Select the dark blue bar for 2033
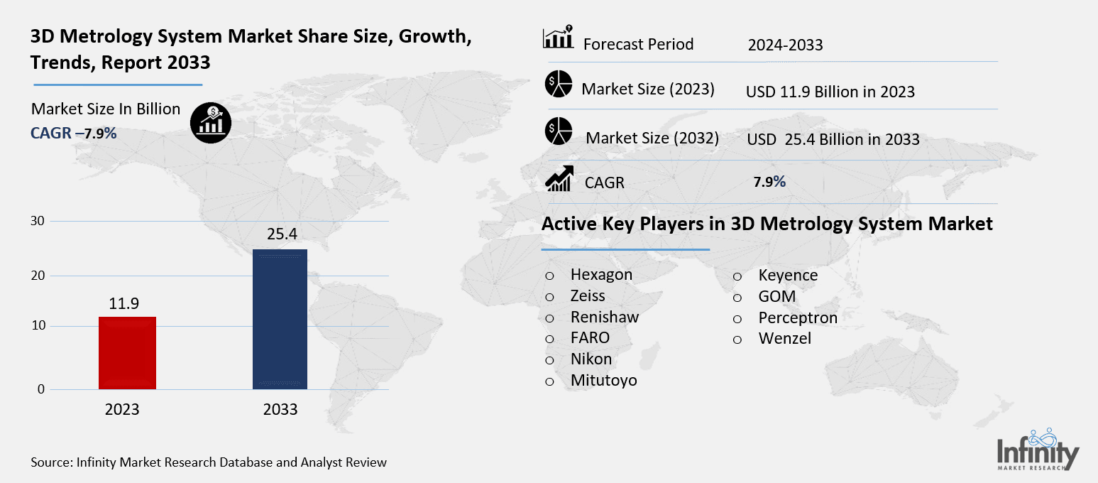pyautogui.click(x=280, y=319)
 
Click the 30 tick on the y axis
pyautogui.click(x=38, y=221)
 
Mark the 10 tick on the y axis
pyautogui.click(x=38, y=326)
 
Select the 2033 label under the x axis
pyautogui.click(x=280, y=410)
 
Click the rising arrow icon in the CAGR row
pyautogui.click(x=559, y=178)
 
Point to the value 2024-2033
pyautogui.click(x=785, y=45)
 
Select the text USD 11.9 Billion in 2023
pyautogui.click(x=830, y=92)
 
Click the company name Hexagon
pyautogui.click(x=601, y=275)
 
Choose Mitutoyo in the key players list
pyautogui.click(x=603, y=381)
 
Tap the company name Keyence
pyautogui.click(x=788, y=275)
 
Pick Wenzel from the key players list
pyautogui.click(x=784, y=339)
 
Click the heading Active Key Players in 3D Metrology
pyautogui.click(x=767, y=224)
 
